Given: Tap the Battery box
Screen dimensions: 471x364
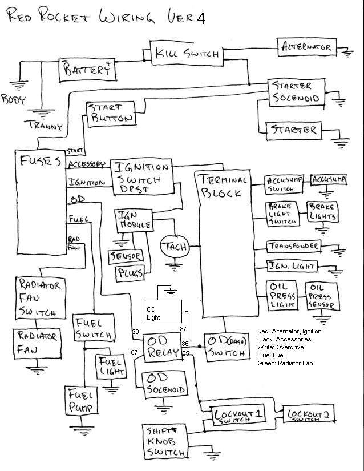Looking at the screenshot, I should [87, 70].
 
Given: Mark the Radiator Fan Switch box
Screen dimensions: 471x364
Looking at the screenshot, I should [39, 298].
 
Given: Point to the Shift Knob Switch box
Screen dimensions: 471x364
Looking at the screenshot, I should [165, 441].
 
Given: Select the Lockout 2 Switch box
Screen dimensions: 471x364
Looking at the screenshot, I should [310, 416].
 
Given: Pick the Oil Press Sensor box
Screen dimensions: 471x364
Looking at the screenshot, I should [322, 296].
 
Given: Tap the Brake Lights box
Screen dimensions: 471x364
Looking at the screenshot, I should [322, 212].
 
